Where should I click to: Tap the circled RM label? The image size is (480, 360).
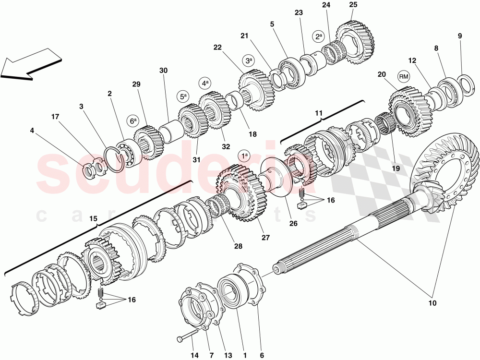click(403, 76)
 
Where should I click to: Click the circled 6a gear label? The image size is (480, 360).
click(133, 120)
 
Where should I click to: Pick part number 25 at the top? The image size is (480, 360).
click(353, 5)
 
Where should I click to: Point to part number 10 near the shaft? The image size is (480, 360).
click(432, 303)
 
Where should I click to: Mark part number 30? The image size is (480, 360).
click(163, 71)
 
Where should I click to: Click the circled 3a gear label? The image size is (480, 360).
click(249, 61)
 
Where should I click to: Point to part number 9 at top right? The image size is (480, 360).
click(459, 36)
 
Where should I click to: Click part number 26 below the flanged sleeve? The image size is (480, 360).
click(293, 223)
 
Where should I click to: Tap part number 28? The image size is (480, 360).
click(238, 246)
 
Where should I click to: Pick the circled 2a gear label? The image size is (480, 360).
click(318, 36)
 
